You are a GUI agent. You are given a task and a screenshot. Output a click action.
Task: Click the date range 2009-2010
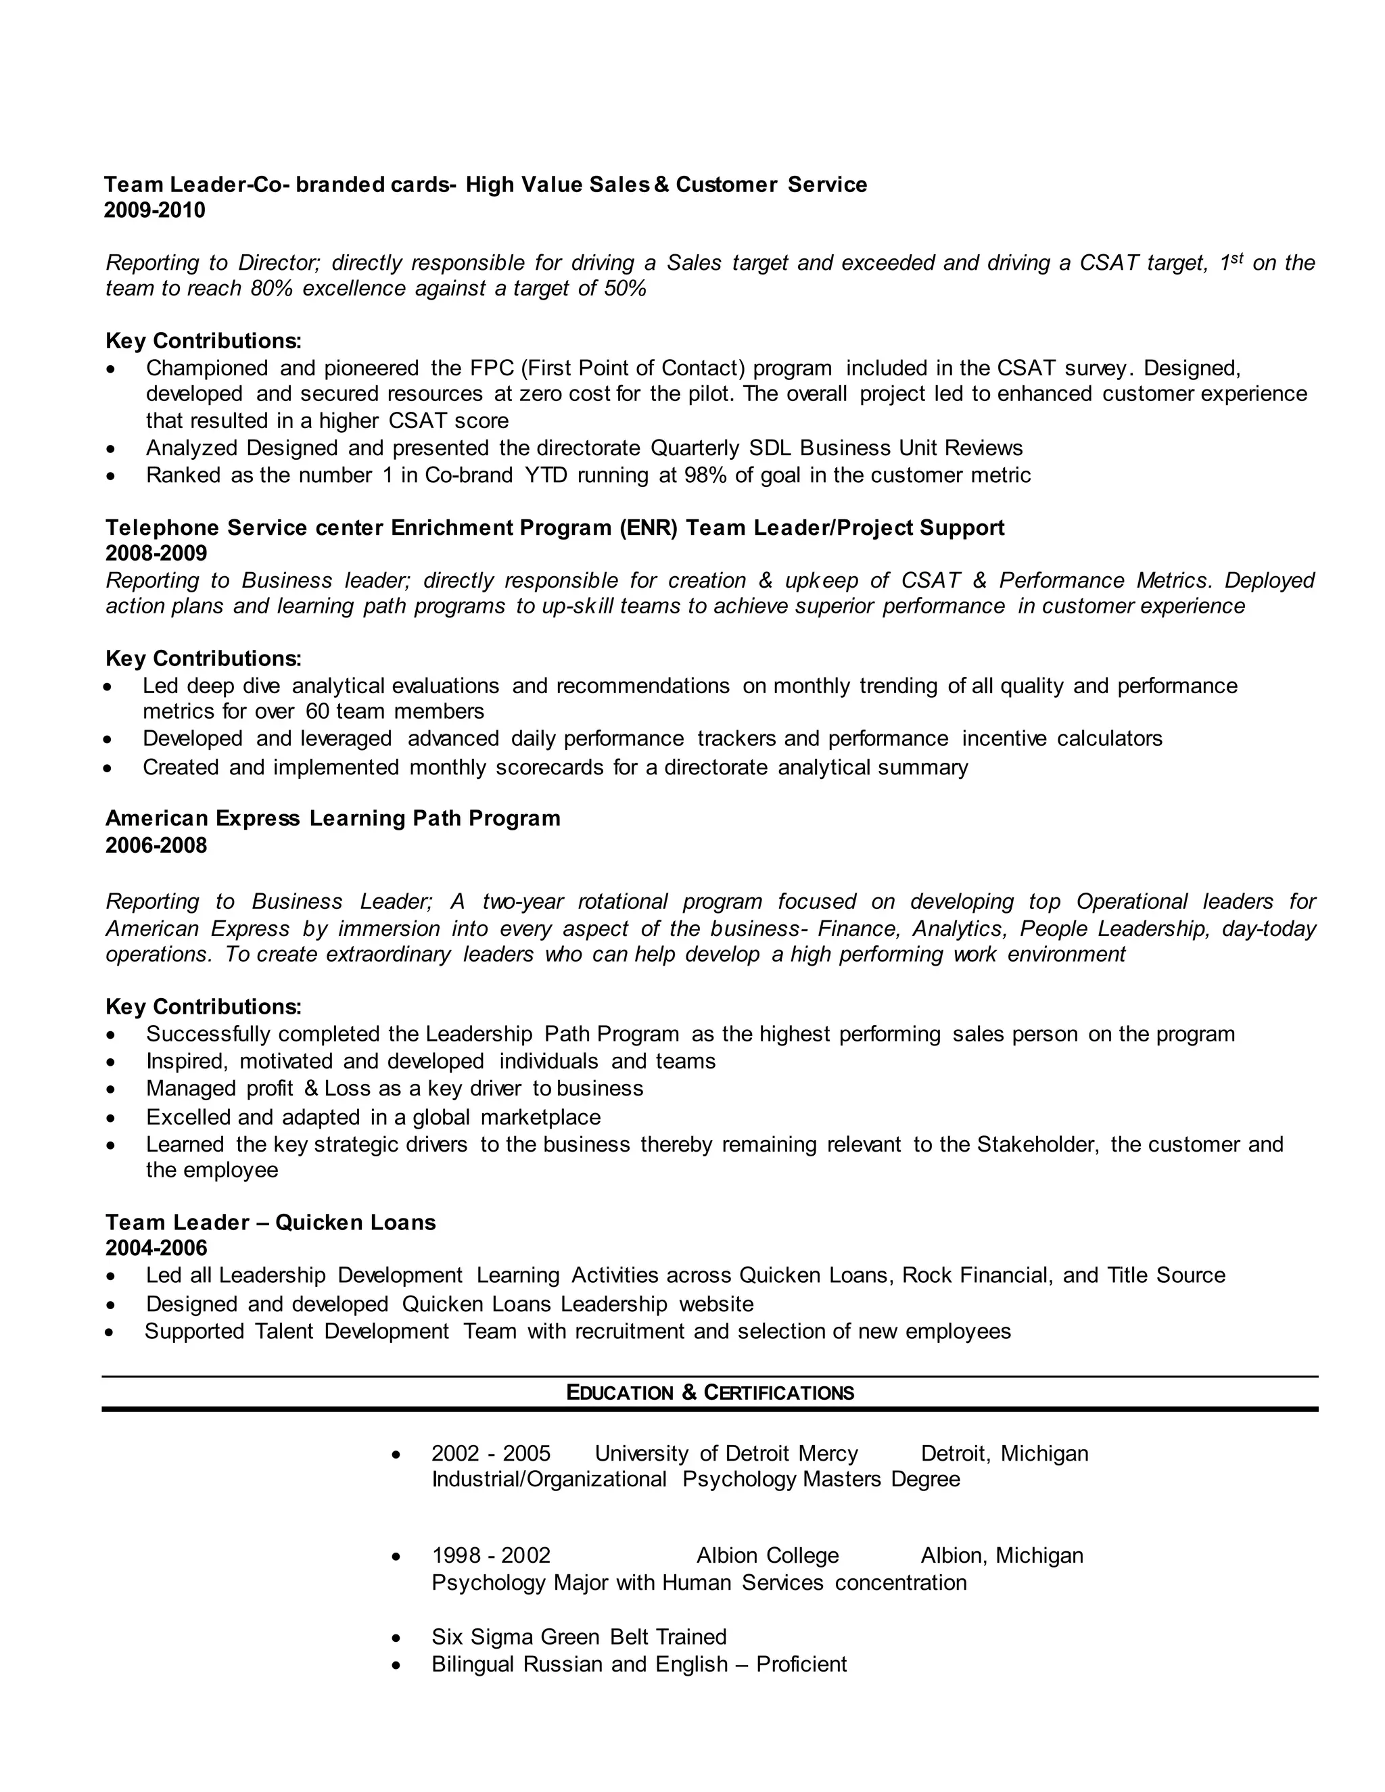(x=155, y=211)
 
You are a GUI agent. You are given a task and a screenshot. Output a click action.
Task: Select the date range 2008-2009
(x=156, y=553)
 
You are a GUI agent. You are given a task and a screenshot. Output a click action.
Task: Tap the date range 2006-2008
(x=156, y=845)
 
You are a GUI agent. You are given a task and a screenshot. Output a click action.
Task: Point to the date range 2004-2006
(x=156, y=1248)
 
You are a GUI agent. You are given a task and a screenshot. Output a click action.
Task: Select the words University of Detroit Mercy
(x=726, y=1454)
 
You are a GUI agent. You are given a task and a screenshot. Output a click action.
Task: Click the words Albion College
(x=767, y=1556)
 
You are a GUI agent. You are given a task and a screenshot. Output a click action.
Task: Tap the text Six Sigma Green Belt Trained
(x=578, y=1637)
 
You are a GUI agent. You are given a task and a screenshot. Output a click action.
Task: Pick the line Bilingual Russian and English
(x=638, y=1664)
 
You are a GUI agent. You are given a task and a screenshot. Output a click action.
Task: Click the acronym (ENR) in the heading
(x=649, y=527)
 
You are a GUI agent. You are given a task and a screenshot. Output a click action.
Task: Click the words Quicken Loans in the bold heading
(x=355, y=1223)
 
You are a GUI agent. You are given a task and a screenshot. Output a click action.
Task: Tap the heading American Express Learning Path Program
(x=332, y=818)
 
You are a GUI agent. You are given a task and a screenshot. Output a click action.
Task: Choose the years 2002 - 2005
(x=491, y=1454)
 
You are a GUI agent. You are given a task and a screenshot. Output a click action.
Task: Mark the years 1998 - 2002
(x=491, y=1556)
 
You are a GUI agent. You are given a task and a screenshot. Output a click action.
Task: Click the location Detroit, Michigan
(x=1004, y=1454)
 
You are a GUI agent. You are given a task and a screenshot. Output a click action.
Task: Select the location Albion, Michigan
(x=1002, y=1556)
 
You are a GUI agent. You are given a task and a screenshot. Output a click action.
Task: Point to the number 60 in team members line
(x=316, y=711)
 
